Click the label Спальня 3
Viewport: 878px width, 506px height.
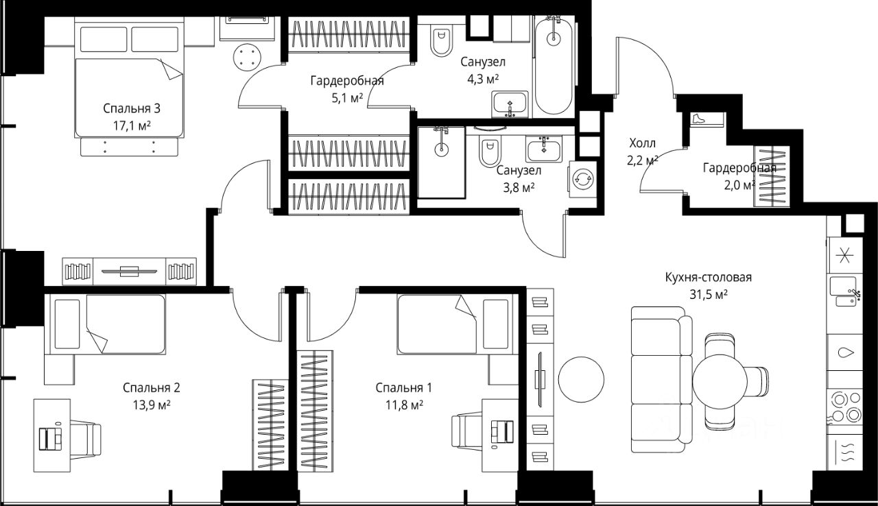pos(131,108)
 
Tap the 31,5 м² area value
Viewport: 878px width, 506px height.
pos(709,295)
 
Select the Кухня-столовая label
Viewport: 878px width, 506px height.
pos(709,277)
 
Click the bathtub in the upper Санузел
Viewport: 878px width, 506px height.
pos(553,66)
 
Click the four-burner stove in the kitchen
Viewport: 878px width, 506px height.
pos(844,407)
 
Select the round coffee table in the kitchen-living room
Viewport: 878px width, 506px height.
pos(581,379)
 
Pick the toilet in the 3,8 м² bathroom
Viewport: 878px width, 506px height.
pos(490,151)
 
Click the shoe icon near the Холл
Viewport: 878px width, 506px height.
pos(698,119)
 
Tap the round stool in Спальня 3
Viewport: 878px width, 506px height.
pos(247,58)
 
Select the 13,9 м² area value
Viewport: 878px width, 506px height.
pos(152,405)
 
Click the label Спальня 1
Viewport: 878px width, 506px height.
pos(404,387)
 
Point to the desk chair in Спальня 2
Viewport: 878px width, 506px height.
pos(85,439)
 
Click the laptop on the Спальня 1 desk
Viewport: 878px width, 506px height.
pos(502,432)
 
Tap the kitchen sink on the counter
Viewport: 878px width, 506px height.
pos(843,291)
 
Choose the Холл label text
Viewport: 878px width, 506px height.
pos(643,143)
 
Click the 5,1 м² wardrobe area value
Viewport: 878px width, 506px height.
pos(347,97)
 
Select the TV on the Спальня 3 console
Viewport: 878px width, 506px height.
pos(130,271)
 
